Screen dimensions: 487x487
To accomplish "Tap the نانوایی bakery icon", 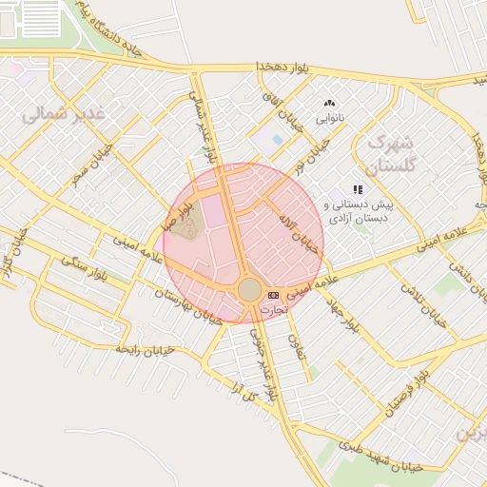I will (330, 103).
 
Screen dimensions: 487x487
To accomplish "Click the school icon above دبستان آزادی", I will (358, 190).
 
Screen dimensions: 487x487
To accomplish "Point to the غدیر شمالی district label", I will (64, 115).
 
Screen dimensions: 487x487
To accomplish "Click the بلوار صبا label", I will (183, 210).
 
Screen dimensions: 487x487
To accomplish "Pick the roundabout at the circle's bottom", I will (249, 289).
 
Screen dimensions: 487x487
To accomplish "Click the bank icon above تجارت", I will (274, 295).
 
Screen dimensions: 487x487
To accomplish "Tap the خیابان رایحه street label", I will (146, 350).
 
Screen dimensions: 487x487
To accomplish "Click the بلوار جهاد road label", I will (353, 309).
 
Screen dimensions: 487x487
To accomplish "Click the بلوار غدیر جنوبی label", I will (263, 361).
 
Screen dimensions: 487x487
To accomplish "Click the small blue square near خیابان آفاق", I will (277, 140).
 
